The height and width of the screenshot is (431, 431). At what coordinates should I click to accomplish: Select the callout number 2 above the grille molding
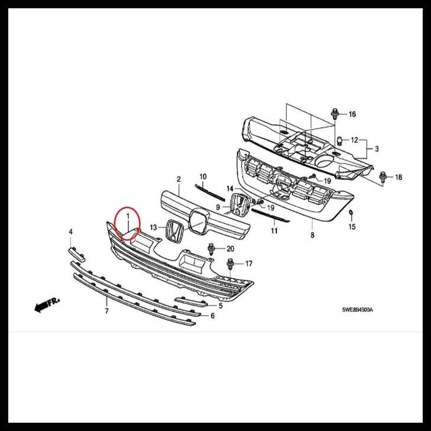click(x=178, y=179)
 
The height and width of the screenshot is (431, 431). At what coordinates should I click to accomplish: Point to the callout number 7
click(x=106, y=310)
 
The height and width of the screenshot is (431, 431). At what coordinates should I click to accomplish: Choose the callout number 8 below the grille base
click(x=312, y=235)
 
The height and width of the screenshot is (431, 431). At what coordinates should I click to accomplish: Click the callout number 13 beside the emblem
click(x=153, y=227)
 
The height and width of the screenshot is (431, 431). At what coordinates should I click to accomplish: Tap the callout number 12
click(x=355, y=140)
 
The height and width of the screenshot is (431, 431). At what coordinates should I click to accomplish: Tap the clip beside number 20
click(x=211, y=249)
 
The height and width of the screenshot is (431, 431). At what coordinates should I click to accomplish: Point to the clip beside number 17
click(x=230, y=263)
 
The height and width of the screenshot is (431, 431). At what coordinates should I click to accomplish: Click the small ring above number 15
click(x=351, y=213)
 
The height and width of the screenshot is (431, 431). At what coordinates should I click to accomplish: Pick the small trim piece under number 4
click(x=76, y=253)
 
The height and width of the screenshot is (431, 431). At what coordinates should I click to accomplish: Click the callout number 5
click(x=220, y=305)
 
